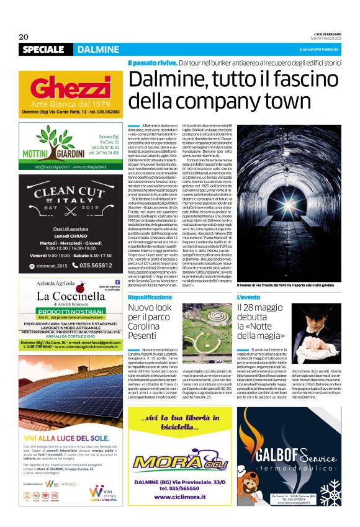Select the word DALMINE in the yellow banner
tap(99, 50)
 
